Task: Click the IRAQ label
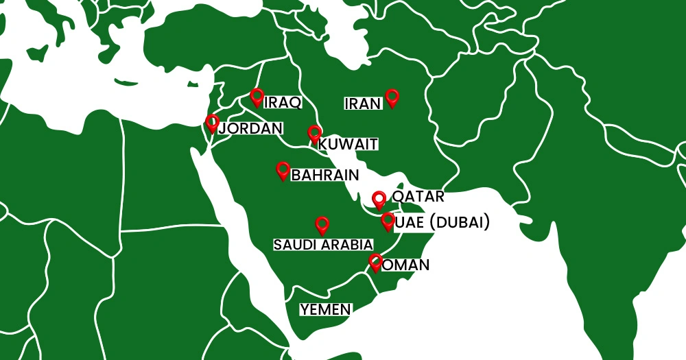283,103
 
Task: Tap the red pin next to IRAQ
257,97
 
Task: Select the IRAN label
362,104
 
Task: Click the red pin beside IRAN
392,97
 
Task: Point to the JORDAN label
250,128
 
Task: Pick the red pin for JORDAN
213,122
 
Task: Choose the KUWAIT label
348,144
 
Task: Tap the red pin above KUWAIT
314,134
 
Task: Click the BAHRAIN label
325,176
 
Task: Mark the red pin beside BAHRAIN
283,169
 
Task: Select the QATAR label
418,197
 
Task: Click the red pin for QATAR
379,200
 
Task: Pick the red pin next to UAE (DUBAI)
388,221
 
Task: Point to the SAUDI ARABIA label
323,245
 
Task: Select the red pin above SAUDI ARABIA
322,224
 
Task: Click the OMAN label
405,265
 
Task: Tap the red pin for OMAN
375,262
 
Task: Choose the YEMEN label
326,309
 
